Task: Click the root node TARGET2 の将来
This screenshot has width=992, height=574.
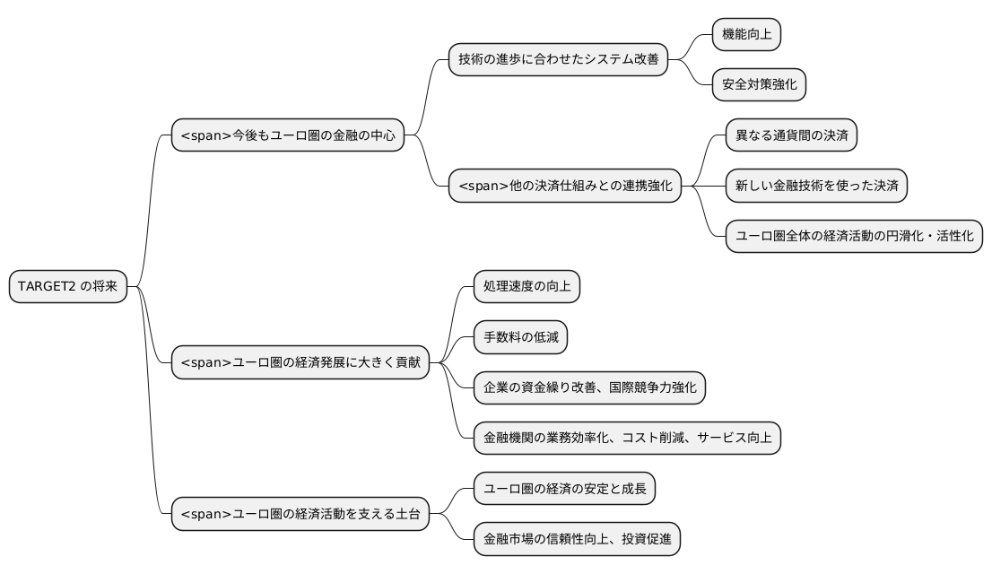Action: [x=67, y=287]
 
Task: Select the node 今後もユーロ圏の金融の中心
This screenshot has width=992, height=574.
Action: [x=287, y=136]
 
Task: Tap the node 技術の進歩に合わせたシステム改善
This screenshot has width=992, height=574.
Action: [x=558, y=60]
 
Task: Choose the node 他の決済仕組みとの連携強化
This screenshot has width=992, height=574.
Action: [x=565, y=187]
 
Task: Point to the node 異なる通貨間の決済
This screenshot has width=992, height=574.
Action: [x=790, y=136]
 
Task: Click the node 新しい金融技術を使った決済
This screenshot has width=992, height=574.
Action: [x=816, y=187]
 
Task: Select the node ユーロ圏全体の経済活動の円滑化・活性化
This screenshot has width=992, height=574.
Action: [x=854, y=237]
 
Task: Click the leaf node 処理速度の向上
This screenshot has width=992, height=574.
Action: [x=526, y=287]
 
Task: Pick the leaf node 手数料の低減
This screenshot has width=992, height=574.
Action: [x=520, y=337]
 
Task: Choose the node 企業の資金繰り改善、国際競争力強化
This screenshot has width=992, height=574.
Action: [x=589, y=387]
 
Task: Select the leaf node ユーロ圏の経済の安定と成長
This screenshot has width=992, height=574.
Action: [x=564, y=489]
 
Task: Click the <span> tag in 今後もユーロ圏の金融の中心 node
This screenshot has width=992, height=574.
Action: [x=206, y=136]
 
